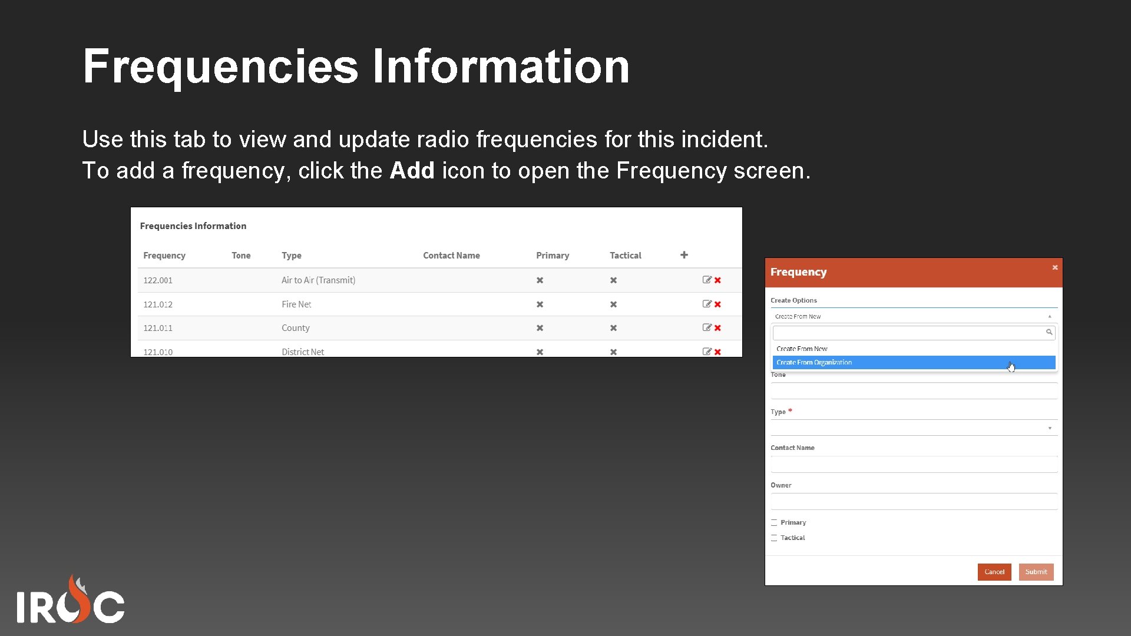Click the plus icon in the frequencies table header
(684, 255)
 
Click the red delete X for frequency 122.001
(717, 280)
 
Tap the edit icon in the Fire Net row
(707, 304)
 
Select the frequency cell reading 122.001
(158, 280)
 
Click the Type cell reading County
(295, 328)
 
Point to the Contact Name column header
(451, 256)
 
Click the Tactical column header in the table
(625, 256)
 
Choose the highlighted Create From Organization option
(814, 363)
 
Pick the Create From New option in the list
(802, 349)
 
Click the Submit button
(1036, 572)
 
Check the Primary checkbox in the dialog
(774, 523)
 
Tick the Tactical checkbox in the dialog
(774, 538)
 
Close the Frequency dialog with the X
(1055, 267)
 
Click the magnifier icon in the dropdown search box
(1049, 332)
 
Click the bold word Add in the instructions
(412, 171)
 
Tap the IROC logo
(71, 601)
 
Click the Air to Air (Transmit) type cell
(318, 280)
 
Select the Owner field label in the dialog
(781, 485)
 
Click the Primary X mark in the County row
(540, 328)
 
